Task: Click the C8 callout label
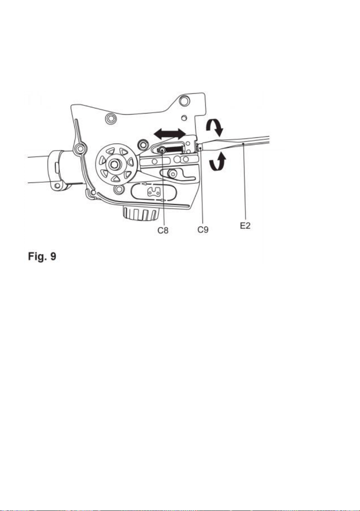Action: tap(163, 230)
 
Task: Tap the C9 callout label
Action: tap(203, 229)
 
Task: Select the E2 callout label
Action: tap(245, 226)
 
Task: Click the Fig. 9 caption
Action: tap(42, 256)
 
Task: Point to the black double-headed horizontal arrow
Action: tap(170, 133)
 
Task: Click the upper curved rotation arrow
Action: tap(215, 127)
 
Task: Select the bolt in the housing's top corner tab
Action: tap(184, 100)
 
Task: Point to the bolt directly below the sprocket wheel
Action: tap(118, 188)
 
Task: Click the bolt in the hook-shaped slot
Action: tap(172, 174)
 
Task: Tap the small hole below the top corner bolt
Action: tap(183, 118)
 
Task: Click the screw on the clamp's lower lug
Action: tap(57, 186)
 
